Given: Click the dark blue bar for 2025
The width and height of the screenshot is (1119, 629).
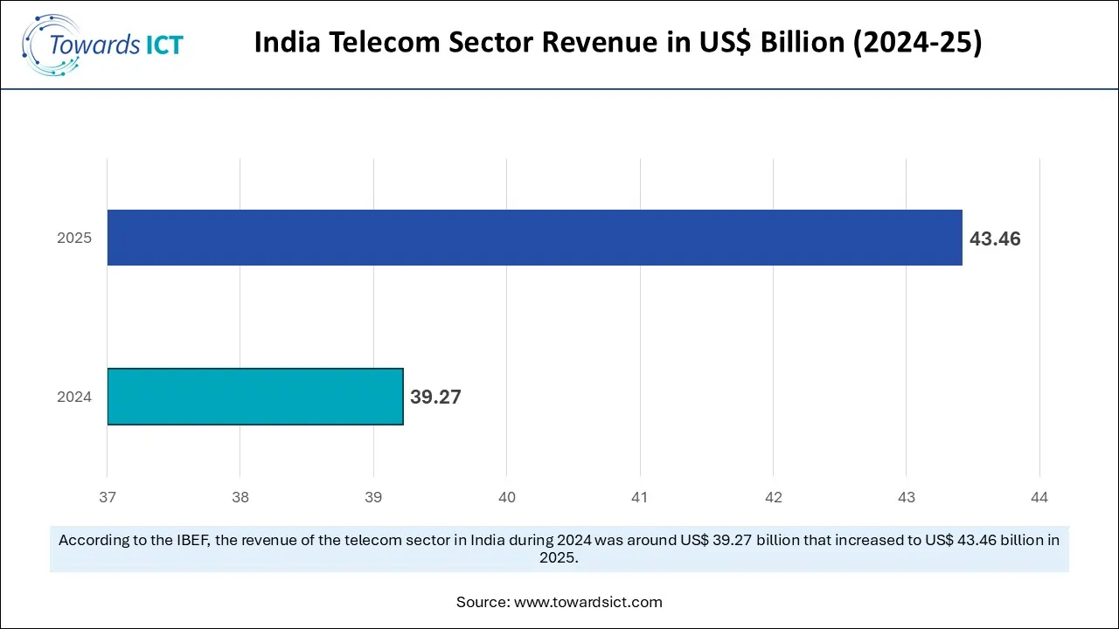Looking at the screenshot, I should pos(534,238).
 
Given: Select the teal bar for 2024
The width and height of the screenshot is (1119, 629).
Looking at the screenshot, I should pos(255,397).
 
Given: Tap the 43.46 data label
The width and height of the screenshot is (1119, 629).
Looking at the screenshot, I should pos(995,238).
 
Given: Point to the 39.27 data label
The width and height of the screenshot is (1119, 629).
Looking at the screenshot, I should pos(435,397).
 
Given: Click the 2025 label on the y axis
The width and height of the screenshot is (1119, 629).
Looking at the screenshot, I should pos(74,238).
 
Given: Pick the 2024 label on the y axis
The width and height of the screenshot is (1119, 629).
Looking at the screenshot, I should pos(74,397).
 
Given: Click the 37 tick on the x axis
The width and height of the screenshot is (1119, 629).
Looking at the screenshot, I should pos(108,498).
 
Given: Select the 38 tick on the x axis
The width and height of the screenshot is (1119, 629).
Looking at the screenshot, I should pos(240,498).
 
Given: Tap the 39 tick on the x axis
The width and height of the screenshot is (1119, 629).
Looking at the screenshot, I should pos(373,498).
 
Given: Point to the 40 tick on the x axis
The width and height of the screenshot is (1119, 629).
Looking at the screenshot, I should pos(507,498).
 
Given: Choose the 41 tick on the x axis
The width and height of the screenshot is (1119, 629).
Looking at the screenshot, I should pos(640,498).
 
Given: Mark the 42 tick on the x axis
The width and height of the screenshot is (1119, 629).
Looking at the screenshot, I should pos(773,498).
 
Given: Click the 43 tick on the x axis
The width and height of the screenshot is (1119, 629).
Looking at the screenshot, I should pos(907,498).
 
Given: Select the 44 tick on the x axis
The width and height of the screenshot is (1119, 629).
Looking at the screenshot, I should pos(1039,498).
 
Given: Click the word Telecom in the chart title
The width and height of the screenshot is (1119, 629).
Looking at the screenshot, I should pos(370,44).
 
